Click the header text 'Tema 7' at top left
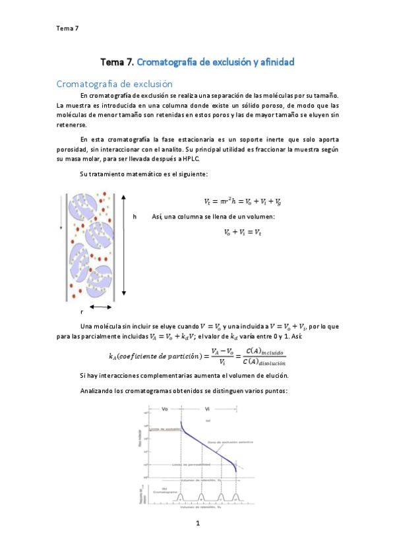pyautogui.click(x=68, y=28)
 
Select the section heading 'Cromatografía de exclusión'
pyautogui.click(x=114, y=84)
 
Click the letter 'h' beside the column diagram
pyautogui.click(x=135, y=217)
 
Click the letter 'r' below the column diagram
pyautogui.click(x=82, y=311)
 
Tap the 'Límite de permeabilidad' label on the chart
pyautogui.click(x=186, y=465)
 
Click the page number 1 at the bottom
pyautogui.click(x=197, y=524)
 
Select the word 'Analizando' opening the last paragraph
pyautogui.click(x=98, y=390)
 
